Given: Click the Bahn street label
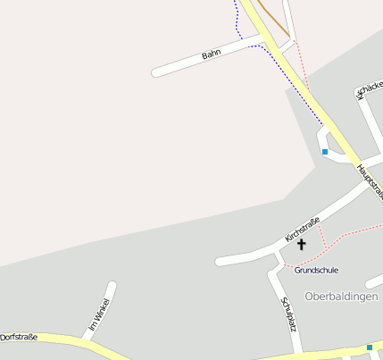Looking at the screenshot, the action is [x=211, y=55].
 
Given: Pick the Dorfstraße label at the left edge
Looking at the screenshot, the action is [x=19, y=338].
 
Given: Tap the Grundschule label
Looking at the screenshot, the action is [x=316, y=270].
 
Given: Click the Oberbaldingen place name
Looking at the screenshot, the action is [x=341, y=297].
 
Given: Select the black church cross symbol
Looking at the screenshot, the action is [x=301, y=244].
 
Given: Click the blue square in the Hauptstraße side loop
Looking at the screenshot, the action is [x=325, y=152].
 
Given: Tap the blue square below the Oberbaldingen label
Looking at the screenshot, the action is [x=370, y=347].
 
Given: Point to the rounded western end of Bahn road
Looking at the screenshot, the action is [x=157, y=72].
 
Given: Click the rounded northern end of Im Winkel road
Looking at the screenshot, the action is [x=112, y=287].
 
